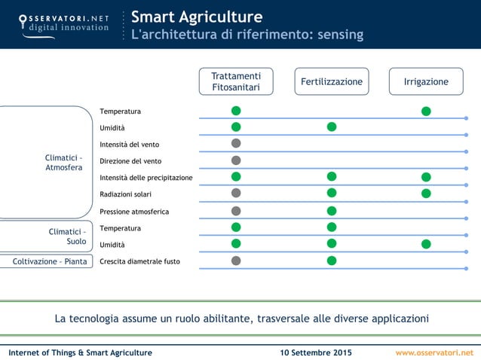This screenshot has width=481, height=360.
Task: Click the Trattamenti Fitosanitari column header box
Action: coord(236,82)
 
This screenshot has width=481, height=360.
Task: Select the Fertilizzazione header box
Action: coord(332,82)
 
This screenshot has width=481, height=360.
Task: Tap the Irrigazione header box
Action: coord(426,82)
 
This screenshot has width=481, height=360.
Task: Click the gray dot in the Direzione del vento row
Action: coord(236,160)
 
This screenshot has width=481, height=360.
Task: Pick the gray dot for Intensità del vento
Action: coord(236,143)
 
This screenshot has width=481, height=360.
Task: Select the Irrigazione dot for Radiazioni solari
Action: coord(426,194)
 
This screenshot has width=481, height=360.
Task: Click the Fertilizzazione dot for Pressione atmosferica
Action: coord(332,211)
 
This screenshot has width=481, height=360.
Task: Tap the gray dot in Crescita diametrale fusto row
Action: coord(236,261)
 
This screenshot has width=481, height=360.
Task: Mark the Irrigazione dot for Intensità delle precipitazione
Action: coord(426,177)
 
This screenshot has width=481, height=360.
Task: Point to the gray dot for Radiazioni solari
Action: coord(236,193)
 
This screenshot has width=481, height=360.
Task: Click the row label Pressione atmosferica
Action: coord(134,212)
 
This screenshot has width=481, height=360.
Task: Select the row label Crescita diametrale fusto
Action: coord(139,261)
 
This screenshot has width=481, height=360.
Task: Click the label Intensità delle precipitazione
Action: coord(146,178)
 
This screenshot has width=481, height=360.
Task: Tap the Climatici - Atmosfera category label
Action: coord(64,163)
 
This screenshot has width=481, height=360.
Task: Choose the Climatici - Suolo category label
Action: coord(67,236)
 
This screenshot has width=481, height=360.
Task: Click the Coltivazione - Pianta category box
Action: coord(50,261)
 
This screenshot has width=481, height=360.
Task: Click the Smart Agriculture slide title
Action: coord(197,17)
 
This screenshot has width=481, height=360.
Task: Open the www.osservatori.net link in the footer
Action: coord(434,352)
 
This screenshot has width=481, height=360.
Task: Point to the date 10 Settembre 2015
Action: coord(315,352)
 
